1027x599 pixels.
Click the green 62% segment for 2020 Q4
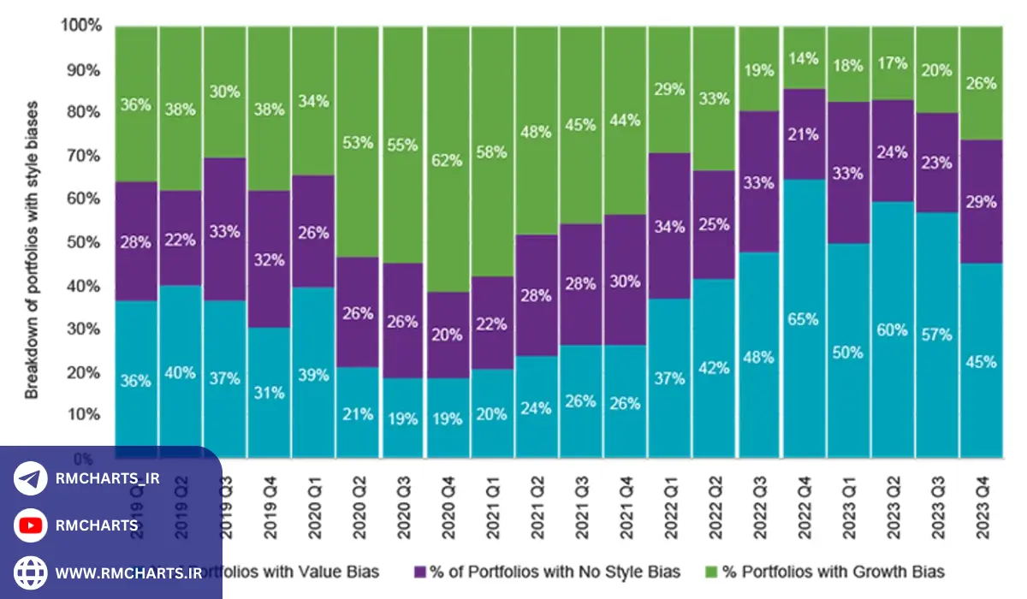[x=448, y=158]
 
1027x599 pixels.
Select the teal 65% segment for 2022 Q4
[x=804, y=318]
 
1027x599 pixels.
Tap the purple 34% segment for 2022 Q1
[x=670, y=226]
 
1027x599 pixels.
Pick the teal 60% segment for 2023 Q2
[x=893, y=329]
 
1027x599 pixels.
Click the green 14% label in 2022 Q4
[x=804, y=59]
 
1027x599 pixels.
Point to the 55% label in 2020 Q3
[x=403, y=145]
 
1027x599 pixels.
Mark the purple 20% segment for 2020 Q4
[x=448, y=335]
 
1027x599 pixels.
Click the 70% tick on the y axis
[x=82, y=157]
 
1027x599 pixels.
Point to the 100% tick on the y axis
[x=80, y=27]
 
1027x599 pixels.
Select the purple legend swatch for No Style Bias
[x=420, y=571]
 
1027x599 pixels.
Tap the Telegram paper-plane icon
[x=31, y=479]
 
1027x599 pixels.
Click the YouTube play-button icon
[x=31, y=525]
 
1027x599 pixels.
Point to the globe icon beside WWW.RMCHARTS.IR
[x=31, y=572]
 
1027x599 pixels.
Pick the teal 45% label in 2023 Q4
[x=982, y=362]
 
